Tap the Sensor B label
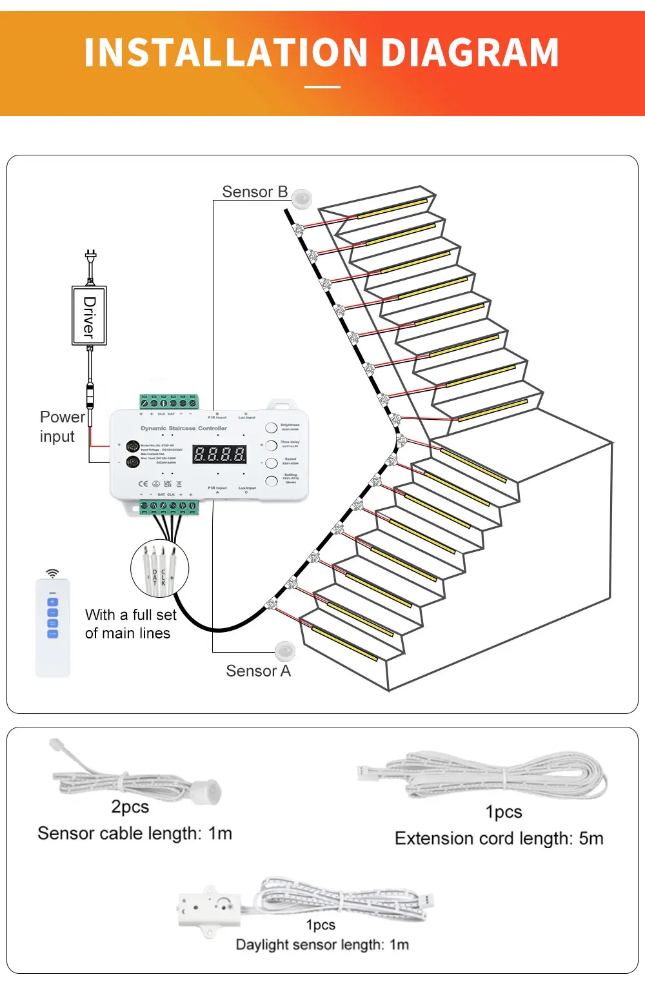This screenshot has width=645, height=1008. pos(255,192)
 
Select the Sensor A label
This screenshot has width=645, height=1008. pos(258,671)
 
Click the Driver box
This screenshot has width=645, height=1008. pos(89,316)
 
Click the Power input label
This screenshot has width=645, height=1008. pos(61,427)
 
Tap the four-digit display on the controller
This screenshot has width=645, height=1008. pos(219,454)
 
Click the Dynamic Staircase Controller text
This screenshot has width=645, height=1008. pos(184,428)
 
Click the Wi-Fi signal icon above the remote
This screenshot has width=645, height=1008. pos(52,573)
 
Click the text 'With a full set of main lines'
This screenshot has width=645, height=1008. pos(130,624)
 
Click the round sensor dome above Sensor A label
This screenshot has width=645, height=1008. pos(284,651)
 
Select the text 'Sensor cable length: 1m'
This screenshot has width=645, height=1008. pos(135,833)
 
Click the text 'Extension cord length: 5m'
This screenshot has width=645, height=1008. pos(499,838)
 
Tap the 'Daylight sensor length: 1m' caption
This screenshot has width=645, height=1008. pos(322,945)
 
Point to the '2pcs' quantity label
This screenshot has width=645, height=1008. pos(130,807)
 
